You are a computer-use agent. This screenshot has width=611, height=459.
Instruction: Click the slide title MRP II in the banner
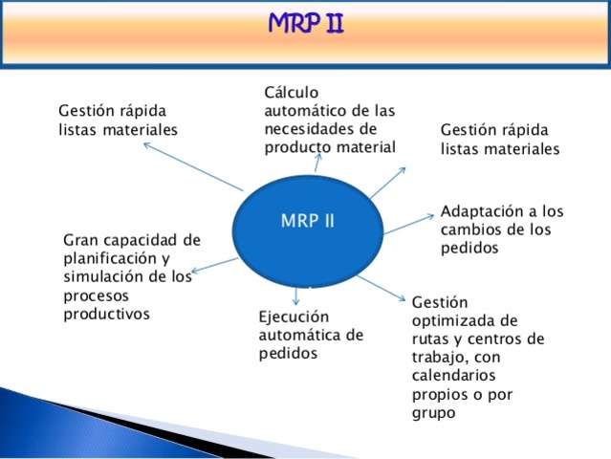[x=305, y=21]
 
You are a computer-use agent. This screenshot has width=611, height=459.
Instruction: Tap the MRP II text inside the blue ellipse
[x=307, y=220]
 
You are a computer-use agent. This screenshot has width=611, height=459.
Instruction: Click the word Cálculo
[x=292, y=92]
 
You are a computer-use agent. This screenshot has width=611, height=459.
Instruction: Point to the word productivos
[x=106, y=313]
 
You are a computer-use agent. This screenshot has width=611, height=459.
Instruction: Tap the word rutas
[x=431, y=339]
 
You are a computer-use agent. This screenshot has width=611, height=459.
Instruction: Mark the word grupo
[x=432, y=413]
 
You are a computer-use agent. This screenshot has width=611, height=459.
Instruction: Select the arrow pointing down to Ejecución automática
[x=296, y=295]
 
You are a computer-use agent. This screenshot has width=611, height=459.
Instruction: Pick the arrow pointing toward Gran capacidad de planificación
[x=214, y=265]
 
